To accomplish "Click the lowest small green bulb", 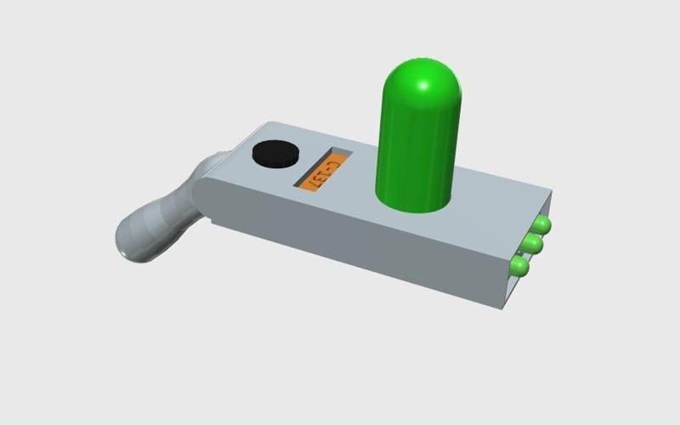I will [519, 268].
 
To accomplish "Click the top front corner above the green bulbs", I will [551, 192].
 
